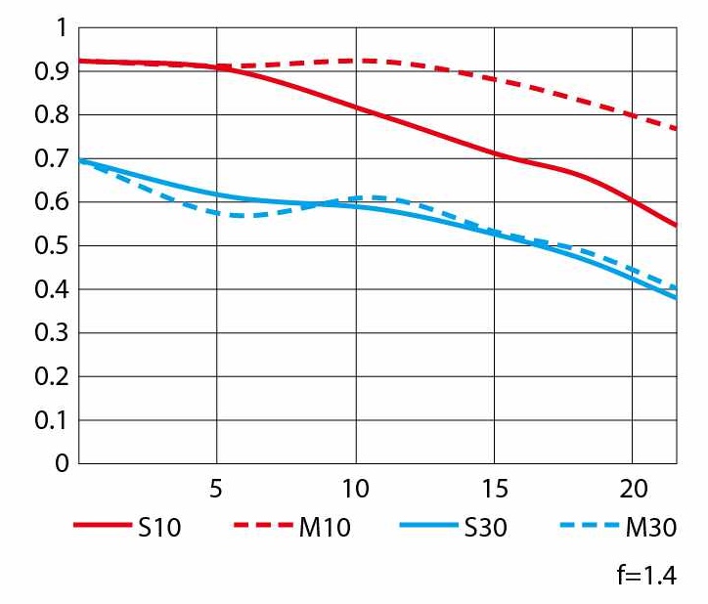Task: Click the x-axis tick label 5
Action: (217, 488)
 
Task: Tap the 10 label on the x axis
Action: (354, 488)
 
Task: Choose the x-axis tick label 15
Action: (493, 488)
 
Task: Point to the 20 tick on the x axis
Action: (632, 488)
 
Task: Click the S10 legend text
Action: (158, 528)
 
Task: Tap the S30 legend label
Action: (485, 528)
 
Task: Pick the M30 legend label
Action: (650, 528)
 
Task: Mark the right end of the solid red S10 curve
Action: (677, 226)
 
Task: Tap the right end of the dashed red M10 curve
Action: (677, 129)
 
